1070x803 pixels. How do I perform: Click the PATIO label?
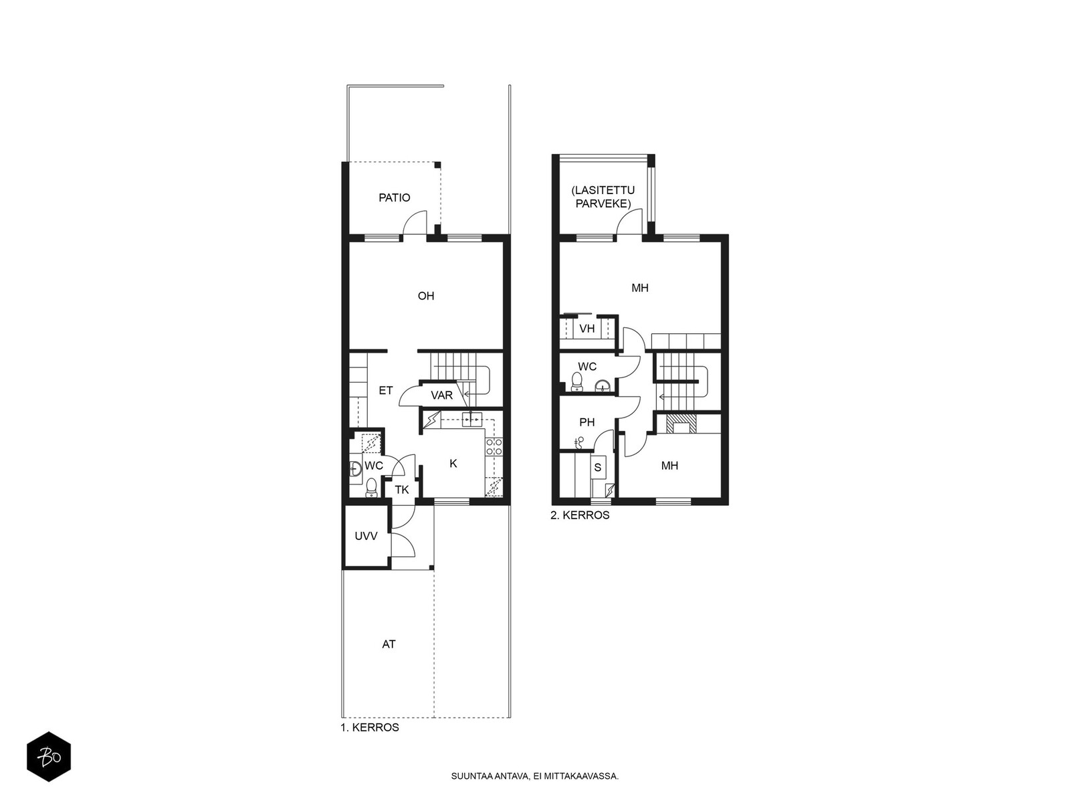[x=395, y=198]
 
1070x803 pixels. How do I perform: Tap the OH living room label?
[x=426, y=296]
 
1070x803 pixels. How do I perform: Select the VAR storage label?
[x=441, y=395]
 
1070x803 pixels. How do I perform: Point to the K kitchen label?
[x=453, y=464]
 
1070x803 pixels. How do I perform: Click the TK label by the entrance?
[x=402, y=490]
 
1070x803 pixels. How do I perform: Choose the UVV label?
[x=366, y=536]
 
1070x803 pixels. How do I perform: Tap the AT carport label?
[x=389, y=644]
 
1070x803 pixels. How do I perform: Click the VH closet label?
[x=587, y=329]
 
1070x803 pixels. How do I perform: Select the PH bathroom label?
[x=587, y=422]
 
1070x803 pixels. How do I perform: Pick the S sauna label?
[x=598, y=468]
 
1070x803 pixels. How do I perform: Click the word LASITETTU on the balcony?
[x=604, y=190]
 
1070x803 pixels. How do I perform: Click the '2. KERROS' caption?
[x=580, y=515]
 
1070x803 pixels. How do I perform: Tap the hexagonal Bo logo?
[x=49, y=757]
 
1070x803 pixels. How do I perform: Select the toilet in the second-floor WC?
[x=577, y=381]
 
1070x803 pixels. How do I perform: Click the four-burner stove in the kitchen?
[x=494, y=446]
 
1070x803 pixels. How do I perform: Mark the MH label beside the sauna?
[x=670, y=466]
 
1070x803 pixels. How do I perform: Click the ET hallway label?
[x=386, y=391]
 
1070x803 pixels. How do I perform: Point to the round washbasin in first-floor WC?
[x=355, y=469]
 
